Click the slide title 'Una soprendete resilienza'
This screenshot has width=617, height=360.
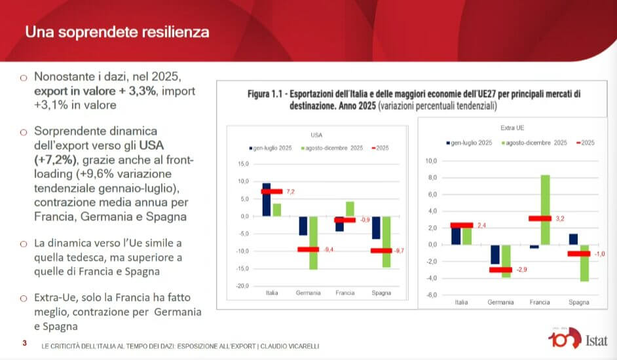pyautogui.click(x=117, y=31)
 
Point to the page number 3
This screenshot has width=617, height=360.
pyautogui.click(x=24, y=343)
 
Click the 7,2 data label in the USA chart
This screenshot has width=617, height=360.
pyautogui.click(x=291, y=192)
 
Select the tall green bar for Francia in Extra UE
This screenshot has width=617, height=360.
pyautogui.click(x=544, y=209)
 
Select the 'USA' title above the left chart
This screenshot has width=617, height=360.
pyautogui.click(x=316, y=135)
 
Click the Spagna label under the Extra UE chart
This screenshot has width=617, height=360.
pyautogui.click(x=578, y=302)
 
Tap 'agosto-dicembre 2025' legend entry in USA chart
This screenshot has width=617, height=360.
pyautogui.click(x=332, y=148)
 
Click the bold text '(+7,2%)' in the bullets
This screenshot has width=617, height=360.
pyautogui.click(x=56, y=159)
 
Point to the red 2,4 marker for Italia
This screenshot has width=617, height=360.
pyautogui.click(x=462, y=225)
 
